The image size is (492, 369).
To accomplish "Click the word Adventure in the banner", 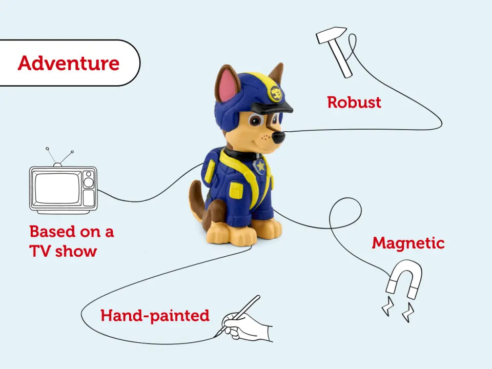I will pyautogui.click(x=68, y=63).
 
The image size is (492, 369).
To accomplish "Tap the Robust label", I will pyautogui.click(x=354, y=102).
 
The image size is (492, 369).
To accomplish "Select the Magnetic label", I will pyautogui.click(x=408, y=242).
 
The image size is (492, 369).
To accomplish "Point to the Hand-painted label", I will pyautogui.click(x=155, y=315).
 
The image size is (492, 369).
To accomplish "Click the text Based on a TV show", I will pyautogui.click(x=71, y=241).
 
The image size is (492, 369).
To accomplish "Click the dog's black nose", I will pyautogui.click(x=278, y=137).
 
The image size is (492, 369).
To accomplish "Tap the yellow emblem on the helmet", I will pyautogui.click(x=276, y=94).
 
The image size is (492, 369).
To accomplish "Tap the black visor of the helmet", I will pyautogui.click(x=280, y=107).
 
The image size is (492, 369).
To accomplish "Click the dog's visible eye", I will pyautogui.click(x=255, y=120).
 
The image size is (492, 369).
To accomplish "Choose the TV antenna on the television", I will pyautogui.click(x=59, y=156).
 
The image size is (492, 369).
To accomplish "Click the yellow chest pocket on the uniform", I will pyautogui.click(x=236, y=189).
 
